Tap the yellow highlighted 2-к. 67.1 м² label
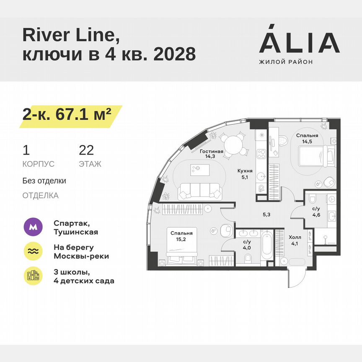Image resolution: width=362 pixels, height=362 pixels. [67, 114]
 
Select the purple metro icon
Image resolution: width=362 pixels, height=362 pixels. [33, 228]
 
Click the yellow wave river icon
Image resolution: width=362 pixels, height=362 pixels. [33, 251]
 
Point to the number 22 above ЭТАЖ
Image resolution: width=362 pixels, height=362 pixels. [86, 150]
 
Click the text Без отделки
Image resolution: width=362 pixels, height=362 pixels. [44, 181]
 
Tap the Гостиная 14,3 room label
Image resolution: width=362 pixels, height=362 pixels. [211, 154]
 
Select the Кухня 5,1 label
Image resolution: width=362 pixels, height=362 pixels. [245, 173]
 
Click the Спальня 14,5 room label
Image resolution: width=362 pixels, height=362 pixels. [307, 139]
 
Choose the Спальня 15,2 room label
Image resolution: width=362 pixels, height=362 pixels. [181, 235]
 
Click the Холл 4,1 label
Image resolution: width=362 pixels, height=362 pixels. [295, 240]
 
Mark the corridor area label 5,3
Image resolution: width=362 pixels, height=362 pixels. [266, 215]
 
